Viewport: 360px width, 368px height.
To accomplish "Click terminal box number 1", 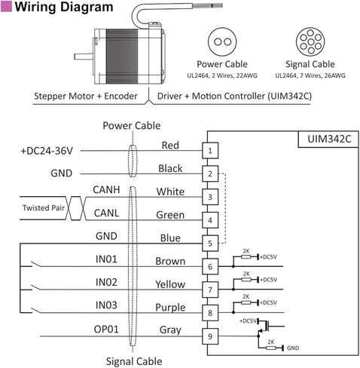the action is tap(210, 151).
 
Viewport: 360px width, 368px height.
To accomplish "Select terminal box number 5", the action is tap(210, 244).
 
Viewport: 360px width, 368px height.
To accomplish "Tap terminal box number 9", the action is tap(210, 336).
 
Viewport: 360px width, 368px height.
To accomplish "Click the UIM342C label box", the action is tap(328, 139).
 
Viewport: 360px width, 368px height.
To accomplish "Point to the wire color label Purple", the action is tap(170, 308).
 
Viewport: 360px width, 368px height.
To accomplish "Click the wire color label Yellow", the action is tap(170, 284).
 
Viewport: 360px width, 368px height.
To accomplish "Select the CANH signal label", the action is tap(106, 190).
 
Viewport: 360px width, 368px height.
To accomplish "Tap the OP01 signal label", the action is tap(106, 330).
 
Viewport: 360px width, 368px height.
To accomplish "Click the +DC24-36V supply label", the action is tap(47, 151).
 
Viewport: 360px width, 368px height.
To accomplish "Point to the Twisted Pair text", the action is tap(44, 208).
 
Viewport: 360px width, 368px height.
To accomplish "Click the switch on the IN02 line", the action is tap(35, 287).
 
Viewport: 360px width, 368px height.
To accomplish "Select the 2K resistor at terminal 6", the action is tap(246, 256).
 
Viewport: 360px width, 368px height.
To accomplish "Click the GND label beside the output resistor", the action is tap(293, 348).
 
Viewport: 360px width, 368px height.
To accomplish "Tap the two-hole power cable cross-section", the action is tap(222, 41).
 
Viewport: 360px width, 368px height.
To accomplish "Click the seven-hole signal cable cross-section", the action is tap(310, 41).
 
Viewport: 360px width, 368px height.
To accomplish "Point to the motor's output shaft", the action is tap(84, 57).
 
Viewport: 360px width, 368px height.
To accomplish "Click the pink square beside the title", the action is tap(6, 6).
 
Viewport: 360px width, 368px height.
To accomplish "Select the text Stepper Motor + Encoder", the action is tap(86, 96).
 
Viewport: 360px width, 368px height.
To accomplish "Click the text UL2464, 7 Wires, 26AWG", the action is tap(310, 75).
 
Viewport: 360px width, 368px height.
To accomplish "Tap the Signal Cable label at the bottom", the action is tap(134, 361).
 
